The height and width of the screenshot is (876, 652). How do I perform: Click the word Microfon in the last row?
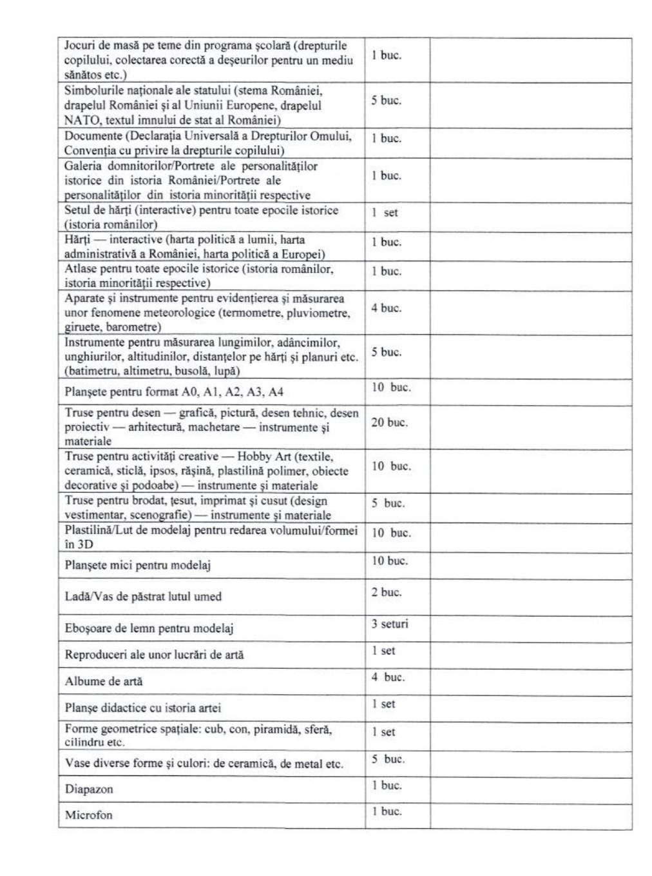pos(88,815)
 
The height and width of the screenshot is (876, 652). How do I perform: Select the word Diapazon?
pos(89,789)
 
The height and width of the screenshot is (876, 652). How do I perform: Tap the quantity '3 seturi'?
pos(389,624)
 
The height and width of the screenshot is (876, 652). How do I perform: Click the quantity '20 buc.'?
pos(389,423)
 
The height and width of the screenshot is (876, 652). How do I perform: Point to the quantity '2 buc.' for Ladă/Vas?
pos(386,592)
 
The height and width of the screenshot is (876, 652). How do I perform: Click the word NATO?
pos(80,120)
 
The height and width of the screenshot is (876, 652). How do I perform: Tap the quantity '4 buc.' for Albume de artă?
pos(388,677)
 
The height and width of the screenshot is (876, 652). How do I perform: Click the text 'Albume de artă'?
pos(104,681)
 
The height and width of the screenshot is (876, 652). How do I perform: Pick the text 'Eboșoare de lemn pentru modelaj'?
pos(149,628)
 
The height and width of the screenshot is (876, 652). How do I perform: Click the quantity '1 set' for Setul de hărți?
pos(385,212)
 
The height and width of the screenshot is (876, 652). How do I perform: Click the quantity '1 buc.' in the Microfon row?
pos(387,811)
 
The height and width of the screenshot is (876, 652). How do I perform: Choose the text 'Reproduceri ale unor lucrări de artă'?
pos(154,654)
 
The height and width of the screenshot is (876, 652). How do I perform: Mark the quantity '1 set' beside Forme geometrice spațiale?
pos(383,732)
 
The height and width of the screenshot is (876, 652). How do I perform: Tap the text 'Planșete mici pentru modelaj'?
pos(138,565)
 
